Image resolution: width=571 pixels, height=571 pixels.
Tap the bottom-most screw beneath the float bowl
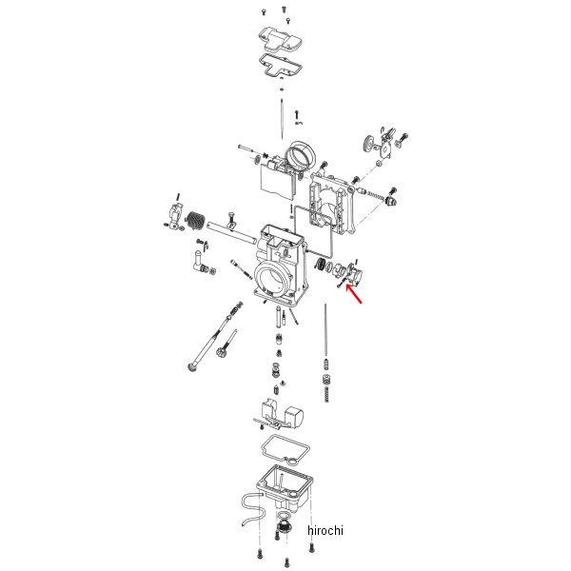[x=286, y=561]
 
